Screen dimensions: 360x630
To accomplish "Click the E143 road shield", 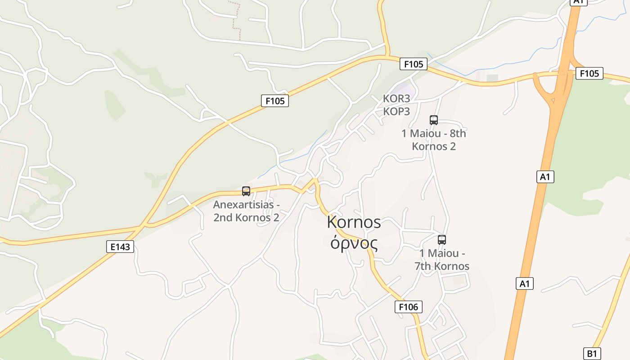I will point(120,247).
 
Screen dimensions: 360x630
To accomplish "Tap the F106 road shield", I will point(409,307).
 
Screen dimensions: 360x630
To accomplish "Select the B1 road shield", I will point(592,353).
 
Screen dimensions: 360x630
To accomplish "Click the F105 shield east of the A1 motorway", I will point(589,73).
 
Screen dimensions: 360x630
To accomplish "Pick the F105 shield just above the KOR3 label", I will point(413,64).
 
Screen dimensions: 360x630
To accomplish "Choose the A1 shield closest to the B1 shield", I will point(524,283).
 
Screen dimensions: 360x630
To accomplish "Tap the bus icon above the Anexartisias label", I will point(246,191).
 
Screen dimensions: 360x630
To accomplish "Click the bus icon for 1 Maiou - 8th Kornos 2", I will point(434,120).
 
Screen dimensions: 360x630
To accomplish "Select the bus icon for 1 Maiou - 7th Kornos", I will point(442,240).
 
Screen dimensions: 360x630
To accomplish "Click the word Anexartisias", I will point(243,205).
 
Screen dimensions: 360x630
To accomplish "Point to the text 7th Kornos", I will point(442,266).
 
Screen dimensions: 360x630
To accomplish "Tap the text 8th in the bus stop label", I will point(455,134).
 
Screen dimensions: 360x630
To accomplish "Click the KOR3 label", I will point(396,99).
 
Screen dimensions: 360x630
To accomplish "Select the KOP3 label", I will point(396,111).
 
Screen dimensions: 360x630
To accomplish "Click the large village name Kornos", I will point(354,222).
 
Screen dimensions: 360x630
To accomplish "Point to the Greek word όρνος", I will point(354,243).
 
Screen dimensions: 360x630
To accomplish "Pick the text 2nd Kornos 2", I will point(246,217).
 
